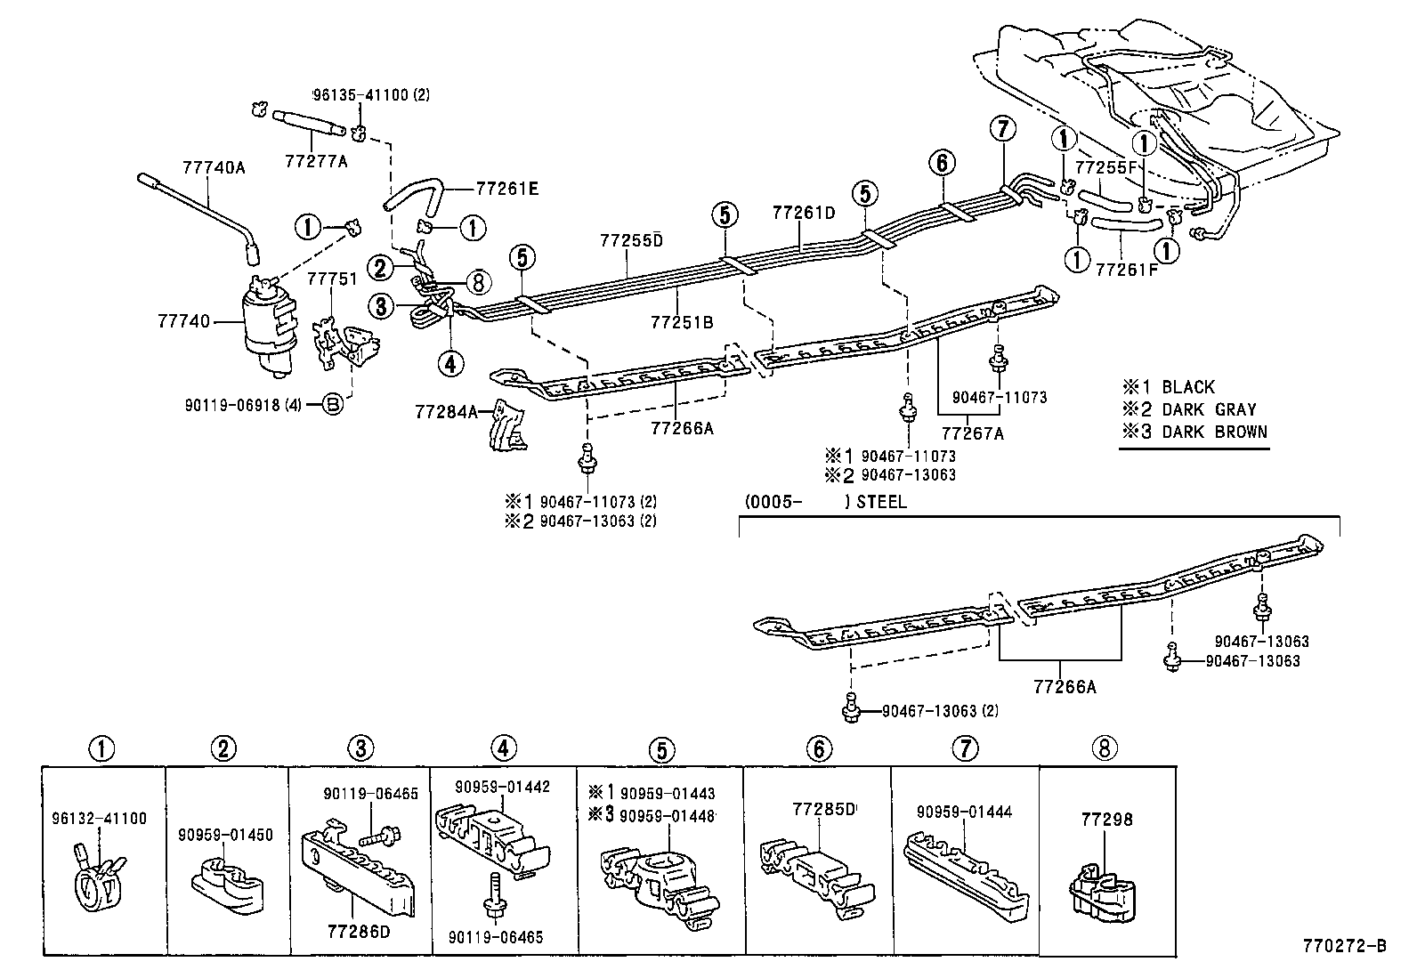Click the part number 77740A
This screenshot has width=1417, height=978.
coord(214,166)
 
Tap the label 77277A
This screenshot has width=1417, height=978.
coord(317,161)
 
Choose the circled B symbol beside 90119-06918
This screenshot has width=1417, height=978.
coord(331,406)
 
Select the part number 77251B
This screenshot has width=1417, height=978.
coord(682,322)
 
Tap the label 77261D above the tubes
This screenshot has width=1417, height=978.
coord(804,214)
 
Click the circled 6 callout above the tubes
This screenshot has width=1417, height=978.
coord(942,163)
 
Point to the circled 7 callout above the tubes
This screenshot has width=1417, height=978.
coord(1002,129)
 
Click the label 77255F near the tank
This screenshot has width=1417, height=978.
coord(1105,166)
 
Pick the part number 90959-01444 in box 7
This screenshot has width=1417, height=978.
coord(964,812)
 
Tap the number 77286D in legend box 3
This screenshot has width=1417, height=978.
coord(356,933)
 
